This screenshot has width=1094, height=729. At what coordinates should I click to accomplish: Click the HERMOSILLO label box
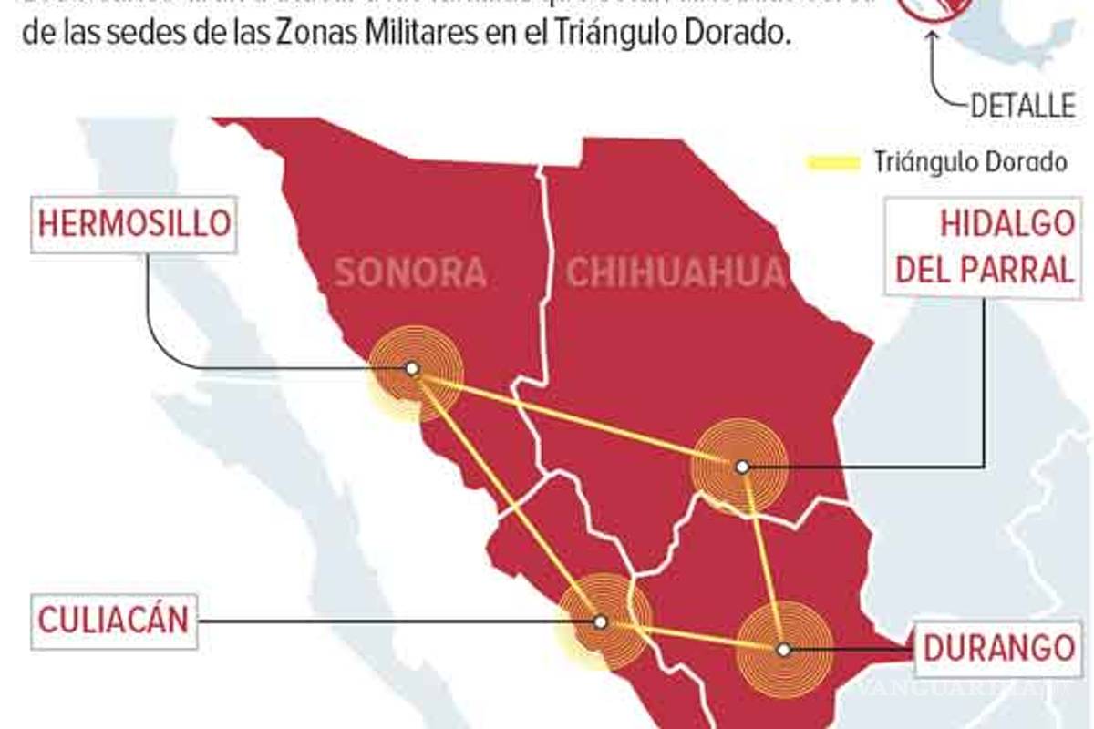click(135, 223)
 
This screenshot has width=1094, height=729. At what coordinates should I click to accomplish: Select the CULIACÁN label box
click(114, 621)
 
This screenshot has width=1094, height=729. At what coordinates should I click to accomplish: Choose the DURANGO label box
click(998, 647)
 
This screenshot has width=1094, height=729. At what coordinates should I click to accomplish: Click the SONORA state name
click(409, 272)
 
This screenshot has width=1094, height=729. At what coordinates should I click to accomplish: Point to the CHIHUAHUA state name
click(676, 272)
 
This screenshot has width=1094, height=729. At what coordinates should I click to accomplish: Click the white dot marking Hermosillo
click(412, 368)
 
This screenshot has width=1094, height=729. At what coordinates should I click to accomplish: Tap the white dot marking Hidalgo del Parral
click(742, 467)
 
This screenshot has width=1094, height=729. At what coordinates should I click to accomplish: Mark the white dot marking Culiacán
click(600, 621)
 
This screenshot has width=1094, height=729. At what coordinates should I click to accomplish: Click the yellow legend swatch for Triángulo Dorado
click(833, 163)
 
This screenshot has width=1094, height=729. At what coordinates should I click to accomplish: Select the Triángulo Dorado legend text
click(970, 163)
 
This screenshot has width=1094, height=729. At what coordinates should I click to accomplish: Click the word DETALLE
click(1021, 106)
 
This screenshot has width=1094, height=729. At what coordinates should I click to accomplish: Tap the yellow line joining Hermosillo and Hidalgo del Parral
click(574, 416)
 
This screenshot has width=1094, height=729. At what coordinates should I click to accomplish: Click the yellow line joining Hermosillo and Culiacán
click(506, 495)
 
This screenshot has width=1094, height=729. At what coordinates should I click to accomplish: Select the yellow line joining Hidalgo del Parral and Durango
click(763, 558)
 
